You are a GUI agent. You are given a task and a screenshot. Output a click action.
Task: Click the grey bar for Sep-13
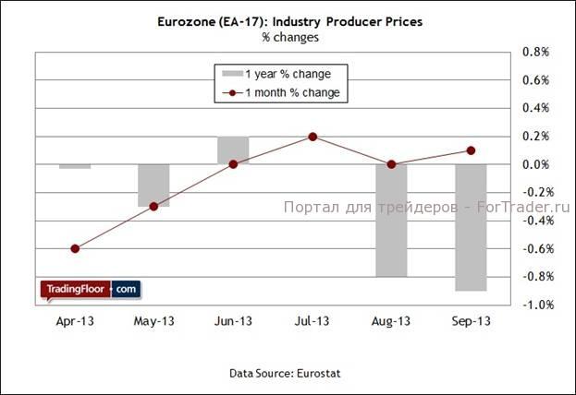point(470,227)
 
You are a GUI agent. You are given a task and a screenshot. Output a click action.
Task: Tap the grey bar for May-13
point(154,185)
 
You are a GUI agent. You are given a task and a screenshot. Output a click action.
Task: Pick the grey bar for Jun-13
point(233,150)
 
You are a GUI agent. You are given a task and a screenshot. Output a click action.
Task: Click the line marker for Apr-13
point(75,248)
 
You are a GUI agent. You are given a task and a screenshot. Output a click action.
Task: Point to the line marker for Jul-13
point(313,137)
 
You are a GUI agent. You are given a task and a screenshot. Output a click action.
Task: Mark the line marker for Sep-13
point(471,150)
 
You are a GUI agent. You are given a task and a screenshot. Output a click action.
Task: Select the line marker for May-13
point(154,206)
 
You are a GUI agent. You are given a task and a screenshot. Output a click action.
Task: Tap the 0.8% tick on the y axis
point(536,53)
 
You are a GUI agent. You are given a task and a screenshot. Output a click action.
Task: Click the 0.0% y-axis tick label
point(536,164)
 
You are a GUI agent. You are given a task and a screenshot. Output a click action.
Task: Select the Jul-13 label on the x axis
point(313,321)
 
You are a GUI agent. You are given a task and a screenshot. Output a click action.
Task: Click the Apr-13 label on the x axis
point(75,321)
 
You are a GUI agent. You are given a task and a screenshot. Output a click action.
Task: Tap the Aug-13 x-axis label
point(391,321)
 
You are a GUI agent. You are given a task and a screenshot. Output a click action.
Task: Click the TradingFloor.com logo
point(89,289)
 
